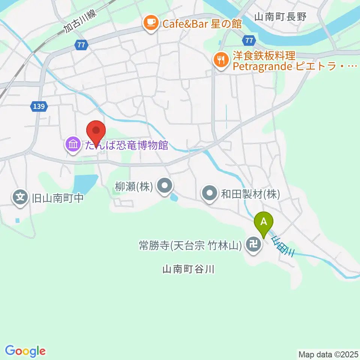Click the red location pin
coord(96,132)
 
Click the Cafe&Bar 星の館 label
coord(202,24)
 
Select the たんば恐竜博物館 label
coord(126,145)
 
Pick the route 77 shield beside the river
coord(249,40)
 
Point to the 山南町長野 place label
coord(280,16)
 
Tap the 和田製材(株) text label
coord(250,194)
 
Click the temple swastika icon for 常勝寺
coord(253,246)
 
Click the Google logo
coord(25,351)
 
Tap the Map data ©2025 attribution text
coord(328,354)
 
